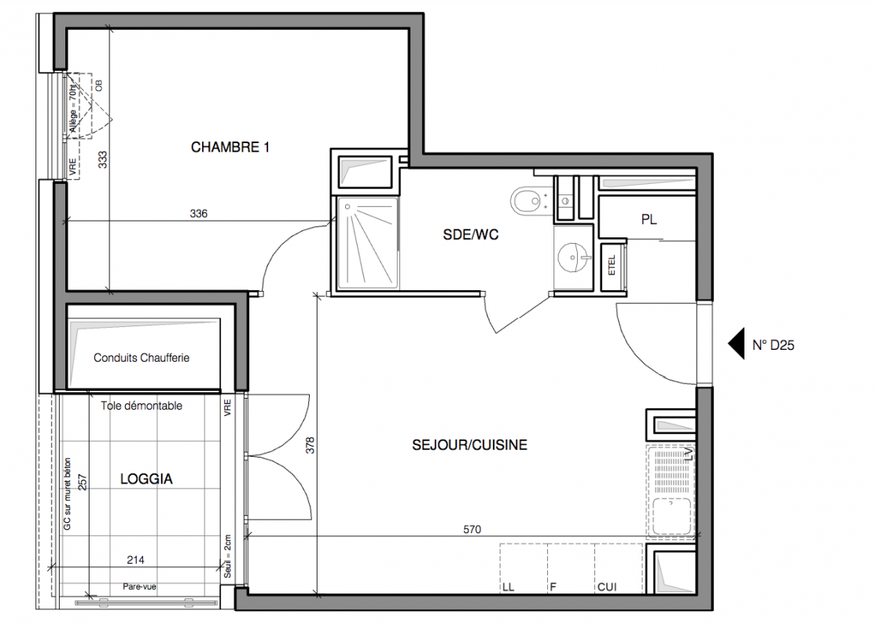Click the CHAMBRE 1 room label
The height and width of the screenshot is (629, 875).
[230, 147]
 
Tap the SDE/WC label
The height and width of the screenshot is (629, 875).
[470, 235]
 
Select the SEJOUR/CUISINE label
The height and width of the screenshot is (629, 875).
[469, 445]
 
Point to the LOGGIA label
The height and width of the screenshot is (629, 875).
[146, 479]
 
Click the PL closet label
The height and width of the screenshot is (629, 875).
[649, 220]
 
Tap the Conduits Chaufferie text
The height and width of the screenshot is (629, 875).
[142, 358]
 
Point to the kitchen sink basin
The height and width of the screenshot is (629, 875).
[672, 516]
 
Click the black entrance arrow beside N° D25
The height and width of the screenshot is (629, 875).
[736, 344]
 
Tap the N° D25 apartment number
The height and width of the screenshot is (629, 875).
[773, 345]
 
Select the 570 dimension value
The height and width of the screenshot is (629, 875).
[472, 529]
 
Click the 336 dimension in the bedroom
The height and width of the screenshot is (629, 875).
[199, 213]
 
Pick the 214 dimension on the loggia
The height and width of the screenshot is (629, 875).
[135, 560]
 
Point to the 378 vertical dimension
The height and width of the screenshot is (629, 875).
[311, 445]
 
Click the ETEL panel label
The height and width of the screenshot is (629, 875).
[612, 265]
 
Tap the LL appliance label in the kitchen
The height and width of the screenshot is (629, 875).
[508, 587]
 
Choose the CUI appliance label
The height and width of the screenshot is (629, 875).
[607, 587]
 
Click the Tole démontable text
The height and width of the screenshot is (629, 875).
[142, 406]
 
